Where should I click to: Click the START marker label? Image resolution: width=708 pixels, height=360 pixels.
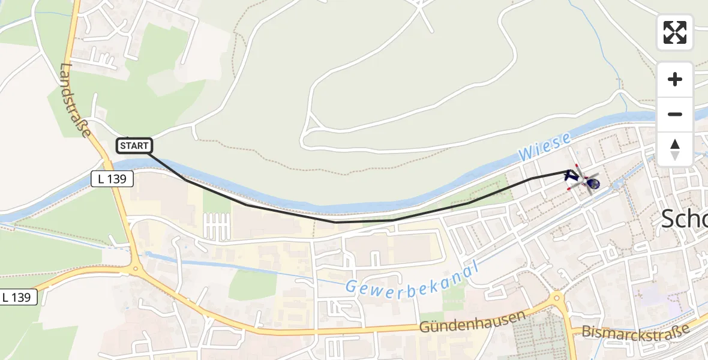134,146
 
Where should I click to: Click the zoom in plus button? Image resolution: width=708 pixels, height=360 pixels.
675,79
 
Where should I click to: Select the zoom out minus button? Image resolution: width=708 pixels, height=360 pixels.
675,114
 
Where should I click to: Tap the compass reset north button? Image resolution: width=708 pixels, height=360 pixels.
675,149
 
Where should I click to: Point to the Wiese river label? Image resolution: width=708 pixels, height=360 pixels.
545,148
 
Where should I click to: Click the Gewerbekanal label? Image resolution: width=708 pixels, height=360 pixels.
412,278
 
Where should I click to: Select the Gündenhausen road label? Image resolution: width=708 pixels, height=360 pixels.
473,322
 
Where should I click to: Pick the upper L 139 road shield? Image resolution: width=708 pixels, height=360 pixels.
112,178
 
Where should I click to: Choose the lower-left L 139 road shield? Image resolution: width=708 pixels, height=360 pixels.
19,296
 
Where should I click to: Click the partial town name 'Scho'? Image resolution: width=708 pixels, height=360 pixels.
684,220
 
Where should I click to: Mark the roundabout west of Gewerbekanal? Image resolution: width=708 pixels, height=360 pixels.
135,269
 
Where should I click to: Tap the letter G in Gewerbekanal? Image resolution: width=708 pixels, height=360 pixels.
350,287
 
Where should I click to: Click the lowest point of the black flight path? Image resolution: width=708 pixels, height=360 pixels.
336,222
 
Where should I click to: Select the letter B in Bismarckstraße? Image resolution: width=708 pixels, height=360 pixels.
587,332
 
